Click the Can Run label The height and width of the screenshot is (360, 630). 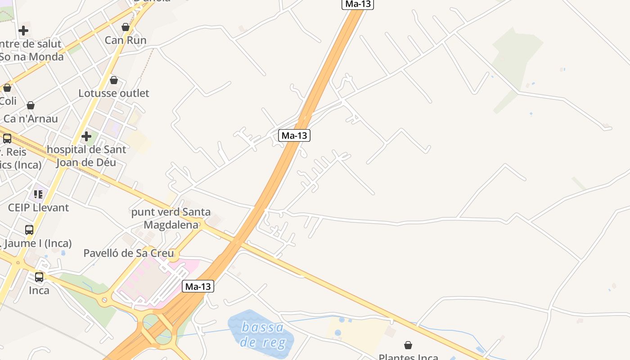[126, 40]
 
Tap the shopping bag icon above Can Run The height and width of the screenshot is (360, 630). [126, 27]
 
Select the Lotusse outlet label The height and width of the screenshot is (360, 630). [114, 93]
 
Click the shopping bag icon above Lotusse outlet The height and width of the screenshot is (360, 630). [114, 80]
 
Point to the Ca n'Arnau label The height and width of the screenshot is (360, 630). [31, 119]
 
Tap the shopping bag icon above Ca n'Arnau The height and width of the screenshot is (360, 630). [31, 106]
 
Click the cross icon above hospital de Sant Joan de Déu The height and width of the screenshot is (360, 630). [86, 136]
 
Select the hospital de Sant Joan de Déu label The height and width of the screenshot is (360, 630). [86, 156]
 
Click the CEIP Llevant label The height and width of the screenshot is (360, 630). [39, 207]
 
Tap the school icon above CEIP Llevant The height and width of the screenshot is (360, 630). [38, 194]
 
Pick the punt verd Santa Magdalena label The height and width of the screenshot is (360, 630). [171, 218]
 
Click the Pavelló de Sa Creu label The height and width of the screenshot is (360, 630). [129, 253]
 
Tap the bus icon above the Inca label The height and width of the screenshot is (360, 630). [39, 277]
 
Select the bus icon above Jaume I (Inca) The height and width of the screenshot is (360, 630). [29, 230]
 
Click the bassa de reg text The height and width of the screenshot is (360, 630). [262, 335]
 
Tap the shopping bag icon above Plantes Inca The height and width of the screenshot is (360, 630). [408, 345]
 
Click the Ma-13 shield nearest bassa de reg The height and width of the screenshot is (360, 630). [198, 286]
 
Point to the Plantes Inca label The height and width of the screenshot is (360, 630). [408, 357]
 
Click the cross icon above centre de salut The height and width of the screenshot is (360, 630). [23, 31]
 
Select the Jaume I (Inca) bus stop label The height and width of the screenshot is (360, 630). [36, 244]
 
